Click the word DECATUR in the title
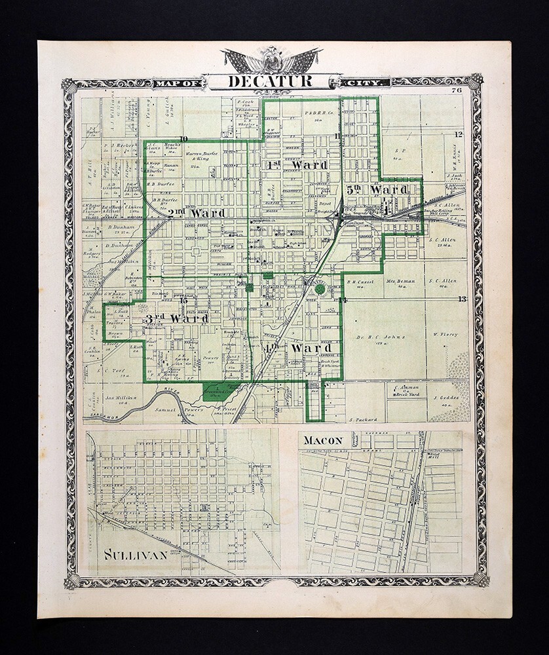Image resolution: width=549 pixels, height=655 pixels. click(x=271, y=82)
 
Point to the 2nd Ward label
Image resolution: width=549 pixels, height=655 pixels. click(x=197, y=213)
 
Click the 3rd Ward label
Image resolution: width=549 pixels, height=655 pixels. click(x=177, y=318)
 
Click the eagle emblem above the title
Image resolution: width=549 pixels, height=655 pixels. click(x=271, y=60)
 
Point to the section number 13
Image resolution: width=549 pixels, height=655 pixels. click(x=461, y=299)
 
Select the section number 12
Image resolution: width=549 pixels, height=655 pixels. click(x=459, y=135)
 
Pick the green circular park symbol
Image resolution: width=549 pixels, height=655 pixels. click(x=301, y=288)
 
